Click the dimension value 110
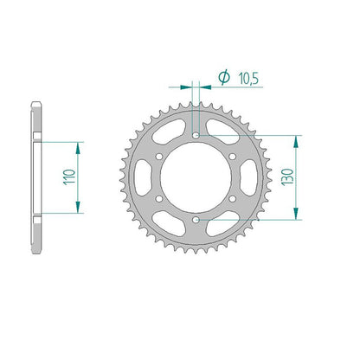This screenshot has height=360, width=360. point(69,177)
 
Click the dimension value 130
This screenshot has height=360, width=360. point(288,177)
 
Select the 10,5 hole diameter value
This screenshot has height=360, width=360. point(248,79)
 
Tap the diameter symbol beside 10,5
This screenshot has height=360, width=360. point(224,77)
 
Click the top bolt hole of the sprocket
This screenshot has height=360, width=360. point(196,135)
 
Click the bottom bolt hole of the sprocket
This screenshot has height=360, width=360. point(196,220)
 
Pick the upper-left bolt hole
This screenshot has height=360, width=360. point(158,157)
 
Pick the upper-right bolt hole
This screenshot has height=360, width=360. point(233,157)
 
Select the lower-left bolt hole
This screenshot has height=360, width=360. point(158,198)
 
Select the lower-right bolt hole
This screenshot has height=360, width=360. point(233,198)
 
